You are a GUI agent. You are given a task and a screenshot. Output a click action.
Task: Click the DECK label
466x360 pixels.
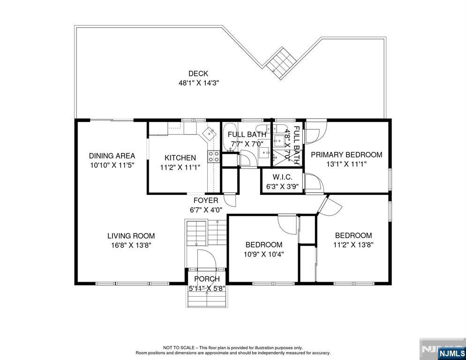[198, 74]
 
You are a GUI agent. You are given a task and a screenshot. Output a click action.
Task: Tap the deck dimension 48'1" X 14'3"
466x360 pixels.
[198, 83]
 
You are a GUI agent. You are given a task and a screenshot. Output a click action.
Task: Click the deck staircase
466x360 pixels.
[281, 63]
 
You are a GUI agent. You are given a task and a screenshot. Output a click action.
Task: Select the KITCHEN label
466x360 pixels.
[180, 158]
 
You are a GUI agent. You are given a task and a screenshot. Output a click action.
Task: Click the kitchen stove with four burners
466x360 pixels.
[214, 157]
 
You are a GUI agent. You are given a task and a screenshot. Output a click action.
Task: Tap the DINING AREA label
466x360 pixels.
[112, 156]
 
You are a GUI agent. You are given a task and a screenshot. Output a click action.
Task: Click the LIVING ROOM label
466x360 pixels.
[131, 236]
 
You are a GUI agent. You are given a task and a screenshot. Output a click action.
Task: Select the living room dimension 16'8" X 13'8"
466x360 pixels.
[131, 246]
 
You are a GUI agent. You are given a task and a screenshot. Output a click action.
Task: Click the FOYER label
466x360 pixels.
[206, 201]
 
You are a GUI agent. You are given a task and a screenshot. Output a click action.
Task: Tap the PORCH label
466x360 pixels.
[207, 279]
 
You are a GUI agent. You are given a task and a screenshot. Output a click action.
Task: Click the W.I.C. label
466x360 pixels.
[282, 178]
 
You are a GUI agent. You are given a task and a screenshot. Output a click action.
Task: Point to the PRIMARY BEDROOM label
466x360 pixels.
[346, 155]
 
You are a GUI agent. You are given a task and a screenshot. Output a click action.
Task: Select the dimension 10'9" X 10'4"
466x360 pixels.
[264, 255]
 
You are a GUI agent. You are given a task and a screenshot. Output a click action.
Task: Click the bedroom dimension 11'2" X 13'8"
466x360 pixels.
[353, 245]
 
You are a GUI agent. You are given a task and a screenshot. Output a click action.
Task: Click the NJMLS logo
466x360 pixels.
[451, 353]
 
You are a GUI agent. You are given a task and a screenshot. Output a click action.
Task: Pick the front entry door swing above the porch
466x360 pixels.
[206, 259]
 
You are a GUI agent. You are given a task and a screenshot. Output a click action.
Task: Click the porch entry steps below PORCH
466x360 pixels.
[207, 297]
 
